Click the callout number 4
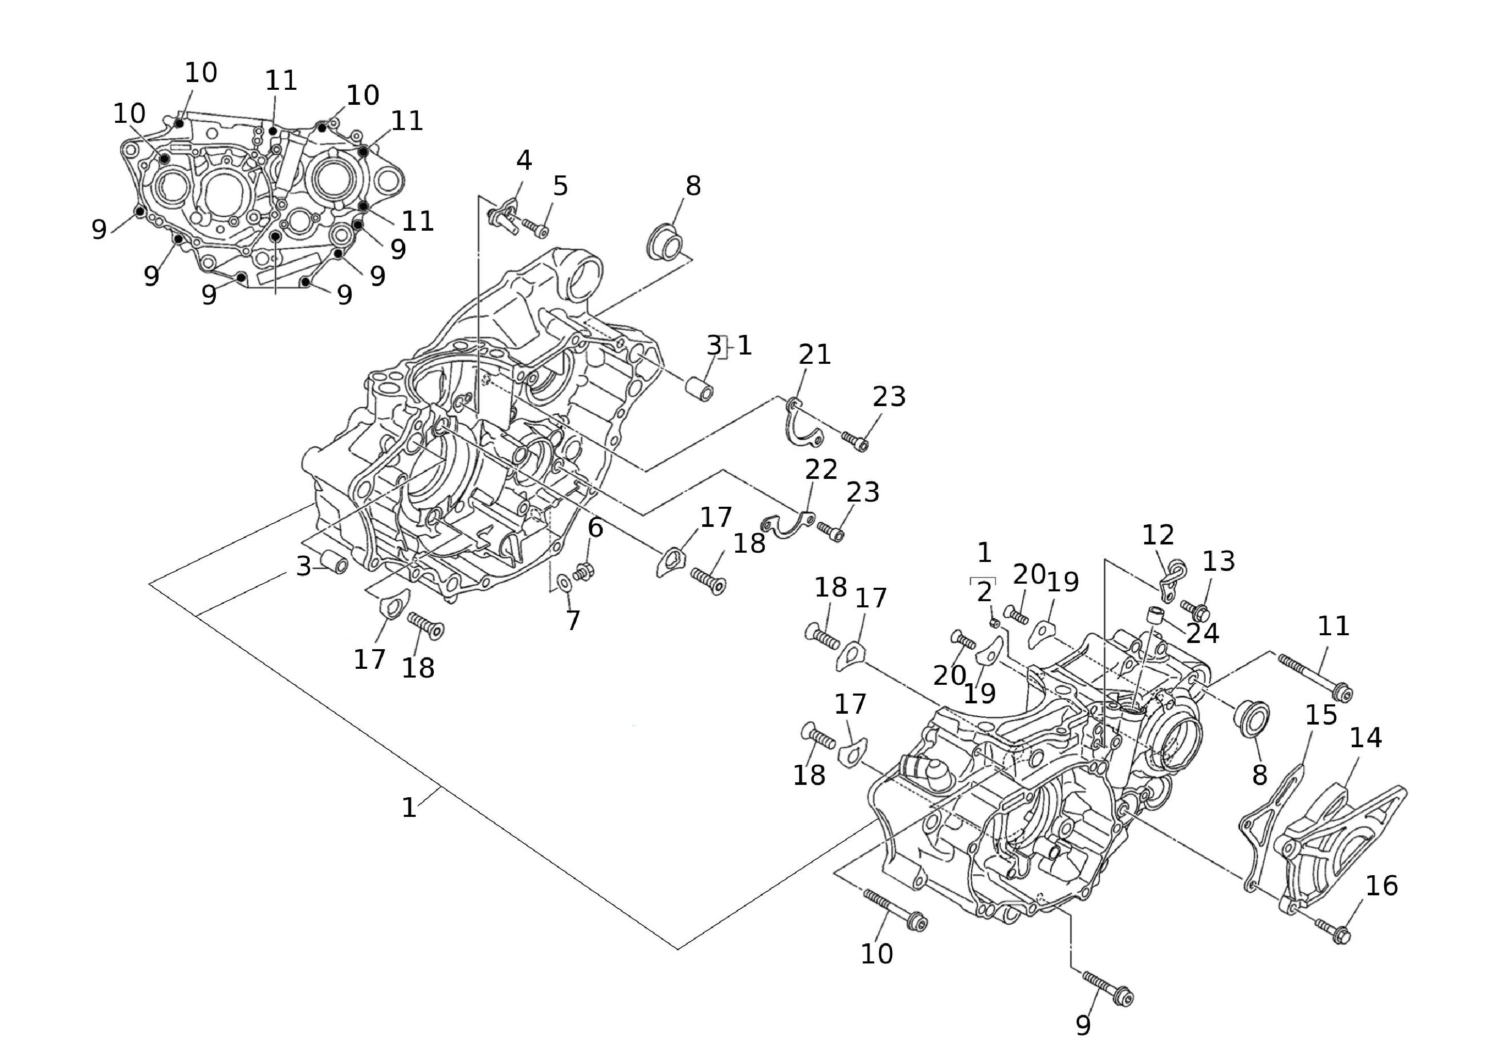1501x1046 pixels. [x=524, y=160]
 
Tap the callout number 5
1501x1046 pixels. [x=560, y=187]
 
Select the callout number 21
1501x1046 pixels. [x=815, y=355]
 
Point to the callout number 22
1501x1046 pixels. [x=821, y=469]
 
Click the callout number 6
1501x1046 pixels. [x=595, y=528]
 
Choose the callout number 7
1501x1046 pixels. [x=573, y=621]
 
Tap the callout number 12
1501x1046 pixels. [x=1158, y=535]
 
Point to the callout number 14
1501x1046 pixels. [x=1366, y=738]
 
